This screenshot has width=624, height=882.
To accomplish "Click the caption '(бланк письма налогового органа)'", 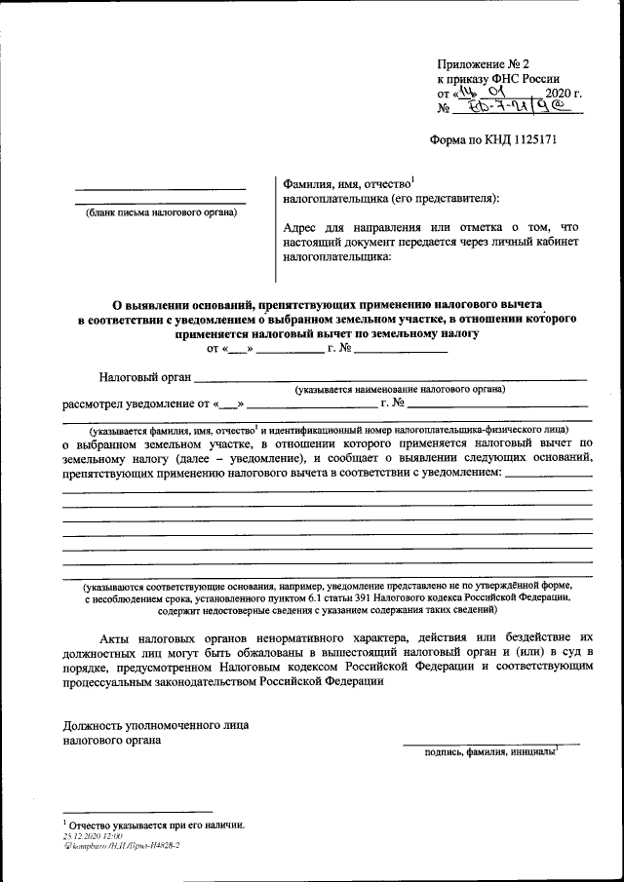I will (x=161, y=211).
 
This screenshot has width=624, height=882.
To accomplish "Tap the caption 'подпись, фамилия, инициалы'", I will (x=488, y=751).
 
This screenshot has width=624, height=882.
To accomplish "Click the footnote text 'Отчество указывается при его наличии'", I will (x=156, y=825).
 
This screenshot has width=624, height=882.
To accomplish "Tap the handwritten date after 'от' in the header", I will (x=479, y=95).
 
